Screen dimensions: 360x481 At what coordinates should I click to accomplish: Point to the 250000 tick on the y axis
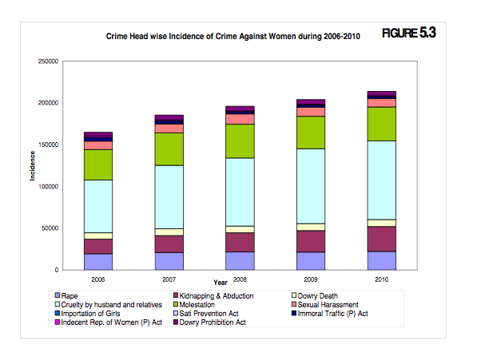point(48,61)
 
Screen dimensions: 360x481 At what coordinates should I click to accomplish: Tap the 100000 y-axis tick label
point(48,187)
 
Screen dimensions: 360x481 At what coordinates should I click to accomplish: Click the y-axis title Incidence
point(33,166)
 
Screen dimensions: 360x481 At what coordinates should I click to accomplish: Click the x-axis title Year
point(221,282)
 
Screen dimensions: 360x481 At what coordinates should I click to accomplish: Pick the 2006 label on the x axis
point(98,280)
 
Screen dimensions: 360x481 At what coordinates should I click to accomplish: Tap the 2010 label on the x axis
point(382,280)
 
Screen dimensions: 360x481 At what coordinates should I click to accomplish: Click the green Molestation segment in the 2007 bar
point(169,148)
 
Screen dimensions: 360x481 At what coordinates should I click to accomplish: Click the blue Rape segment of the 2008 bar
point(240,261)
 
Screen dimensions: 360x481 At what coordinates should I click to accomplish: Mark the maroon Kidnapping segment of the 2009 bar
point(311,241)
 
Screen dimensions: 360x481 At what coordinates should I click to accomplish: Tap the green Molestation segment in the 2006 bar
point(98,164)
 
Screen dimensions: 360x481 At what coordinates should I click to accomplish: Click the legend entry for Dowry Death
point(317,296)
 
